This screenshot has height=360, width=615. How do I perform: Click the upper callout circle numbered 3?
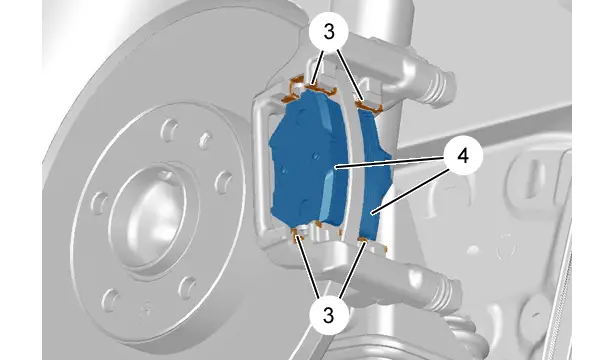tap(329, 33)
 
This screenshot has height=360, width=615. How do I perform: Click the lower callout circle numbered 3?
tap(329, 314)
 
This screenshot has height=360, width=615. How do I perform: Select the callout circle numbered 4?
tap(463, 156)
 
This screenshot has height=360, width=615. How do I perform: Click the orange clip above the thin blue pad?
tap(369, 106)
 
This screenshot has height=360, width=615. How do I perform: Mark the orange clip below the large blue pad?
tap(299, 235)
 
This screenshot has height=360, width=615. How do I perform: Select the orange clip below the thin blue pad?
tap(364, 240)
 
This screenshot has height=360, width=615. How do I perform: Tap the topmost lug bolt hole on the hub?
tap(170, 129)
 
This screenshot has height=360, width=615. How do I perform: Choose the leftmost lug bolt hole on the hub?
tap(99, 202)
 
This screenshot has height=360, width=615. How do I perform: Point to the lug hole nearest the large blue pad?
tap(224, 182)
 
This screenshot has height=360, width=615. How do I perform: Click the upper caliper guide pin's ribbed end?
tap(441, 86)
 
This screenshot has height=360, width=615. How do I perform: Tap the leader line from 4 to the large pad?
tap(390, 162)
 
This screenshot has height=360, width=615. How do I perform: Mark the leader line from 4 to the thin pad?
tap(411, 190)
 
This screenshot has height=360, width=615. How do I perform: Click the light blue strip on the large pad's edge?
tap(329, 196)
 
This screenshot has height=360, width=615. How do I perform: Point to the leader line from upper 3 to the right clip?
tap(349, 75)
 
